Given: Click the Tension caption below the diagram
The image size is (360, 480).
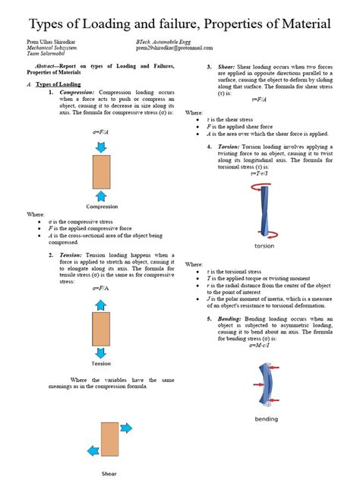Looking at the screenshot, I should coord(102,364).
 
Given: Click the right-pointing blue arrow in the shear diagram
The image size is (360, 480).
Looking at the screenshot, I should coord(125,428).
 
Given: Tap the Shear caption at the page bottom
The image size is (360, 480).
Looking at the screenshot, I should coord(109,472).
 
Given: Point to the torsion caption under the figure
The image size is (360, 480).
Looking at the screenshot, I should coord(264,247).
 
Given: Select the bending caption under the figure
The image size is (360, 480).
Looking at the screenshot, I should coord(266,418).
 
